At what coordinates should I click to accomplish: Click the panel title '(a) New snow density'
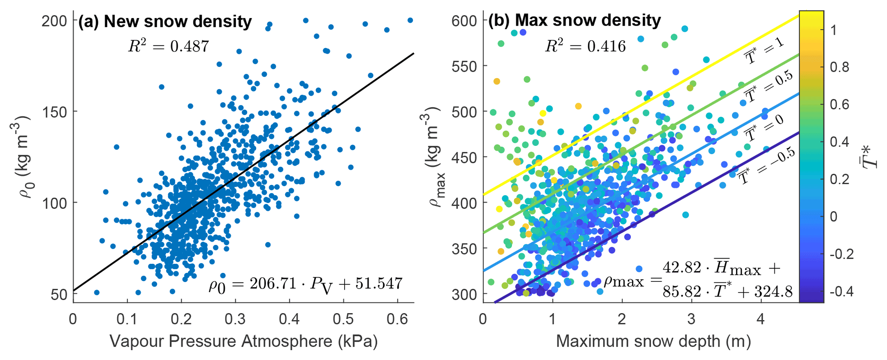(x=165, y=21)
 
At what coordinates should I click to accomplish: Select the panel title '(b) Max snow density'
(x=575, y=20)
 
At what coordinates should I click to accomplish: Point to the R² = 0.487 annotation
(x=168, y=46)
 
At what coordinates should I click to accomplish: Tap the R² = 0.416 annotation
(x=585, y=46)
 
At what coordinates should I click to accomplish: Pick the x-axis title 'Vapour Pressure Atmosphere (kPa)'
(x=243, y=342)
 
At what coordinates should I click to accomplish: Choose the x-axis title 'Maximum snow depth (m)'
(x=653, y=342)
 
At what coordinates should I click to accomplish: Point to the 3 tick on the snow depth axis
(x=691, y=319)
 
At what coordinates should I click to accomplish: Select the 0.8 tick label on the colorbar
(x=839, y=67)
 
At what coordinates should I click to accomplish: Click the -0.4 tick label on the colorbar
(x=842, y=292)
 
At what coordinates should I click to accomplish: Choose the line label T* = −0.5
(x=766, y=166)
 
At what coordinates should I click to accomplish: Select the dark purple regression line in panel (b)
(x=644, y=215)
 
